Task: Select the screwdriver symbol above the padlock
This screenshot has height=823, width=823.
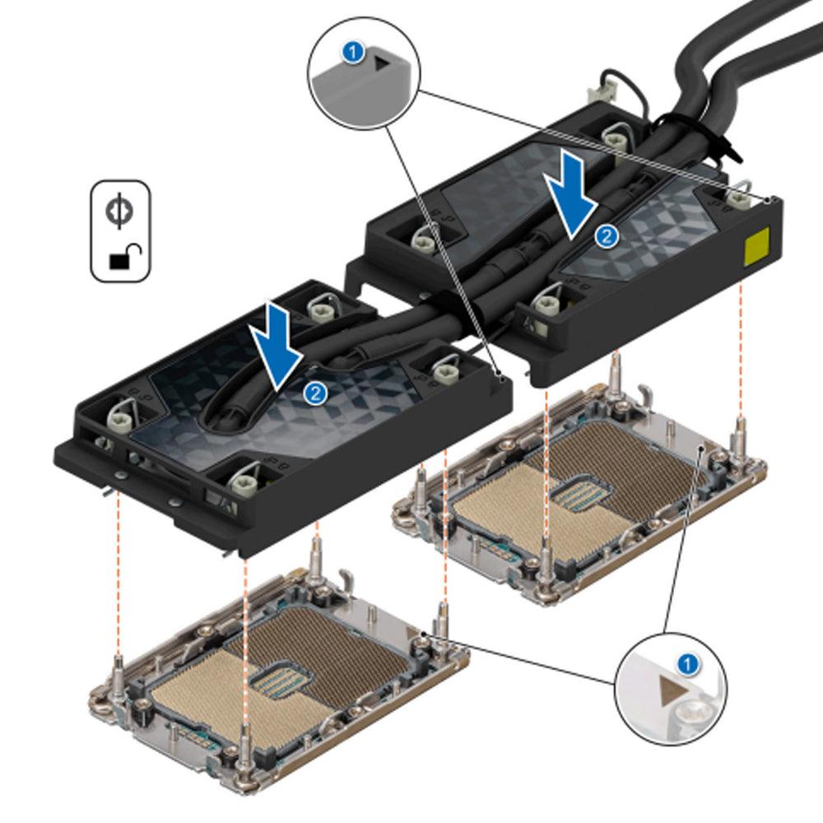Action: [120, 211]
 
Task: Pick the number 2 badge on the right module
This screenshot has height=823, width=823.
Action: [607, 236]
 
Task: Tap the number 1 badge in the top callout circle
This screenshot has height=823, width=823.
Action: [354, 53]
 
